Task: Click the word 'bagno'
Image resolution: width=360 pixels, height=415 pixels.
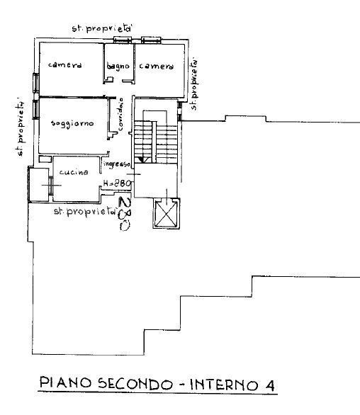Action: [118, 67]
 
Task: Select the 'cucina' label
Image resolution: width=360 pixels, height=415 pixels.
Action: [73, 173]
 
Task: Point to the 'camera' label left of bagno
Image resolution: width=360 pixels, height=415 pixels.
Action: [65, 65]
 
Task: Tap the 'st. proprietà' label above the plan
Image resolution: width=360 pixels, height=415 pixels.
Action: [103, 28]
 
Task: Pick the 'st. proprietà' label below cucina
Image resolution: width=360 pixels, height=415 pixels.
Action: [84, 212]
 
